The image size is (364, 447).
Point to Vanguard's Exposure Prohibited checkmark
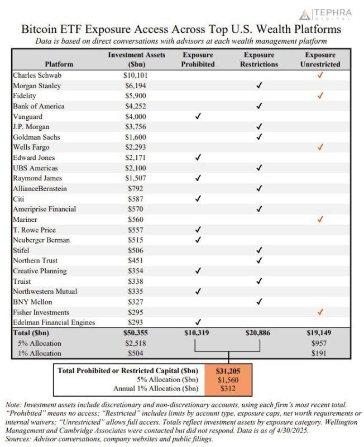[198, 116]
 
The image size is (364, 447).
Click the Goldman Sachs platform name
[37, 137]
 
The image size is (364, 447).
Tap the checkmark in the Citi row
[198, 198]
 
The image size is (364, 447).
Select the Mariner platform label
[26, 219]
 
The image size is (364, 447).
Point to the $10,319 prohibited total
[198, 332]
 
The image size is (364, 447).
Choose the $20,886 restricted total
[258, 332]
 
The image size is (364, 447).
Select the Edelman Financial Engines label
[54, 322]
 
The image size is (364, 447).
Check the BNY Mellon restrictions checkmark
[258, 302]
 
